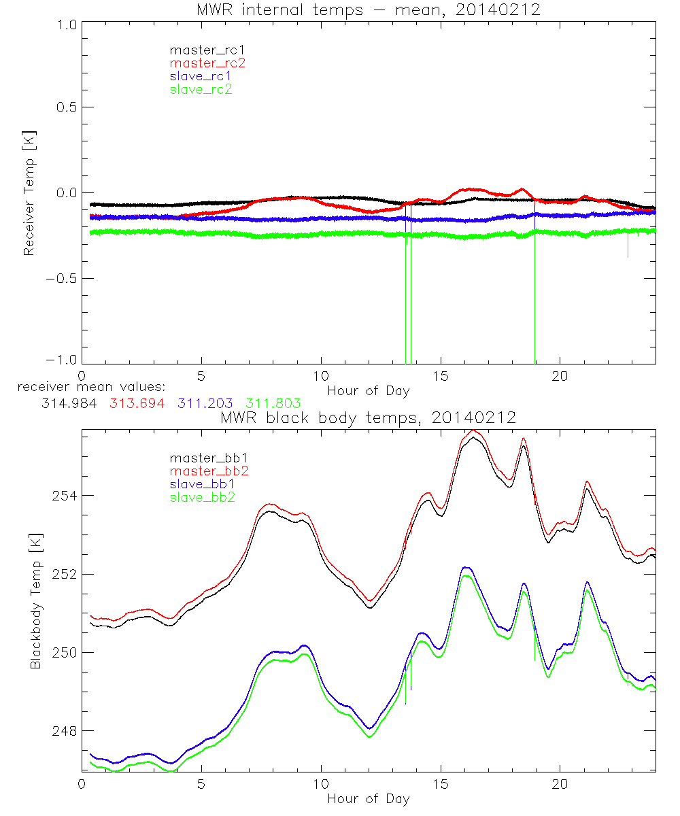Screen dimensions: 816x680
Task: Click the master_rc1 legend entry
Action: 201,50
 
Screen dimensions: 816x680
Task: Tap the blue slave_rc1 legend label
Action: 201,76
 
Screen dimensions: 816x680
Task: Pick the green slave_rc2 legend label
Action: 201,89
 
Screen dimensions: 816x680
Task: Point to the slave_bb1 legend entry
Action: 200,484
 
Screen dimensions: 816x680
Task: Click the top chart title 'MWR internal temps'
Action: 368,10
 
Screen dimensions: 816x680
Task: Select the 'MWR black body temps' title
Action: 368,417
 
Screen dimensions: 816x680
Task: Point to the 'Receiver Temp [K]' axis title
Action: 29,193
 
